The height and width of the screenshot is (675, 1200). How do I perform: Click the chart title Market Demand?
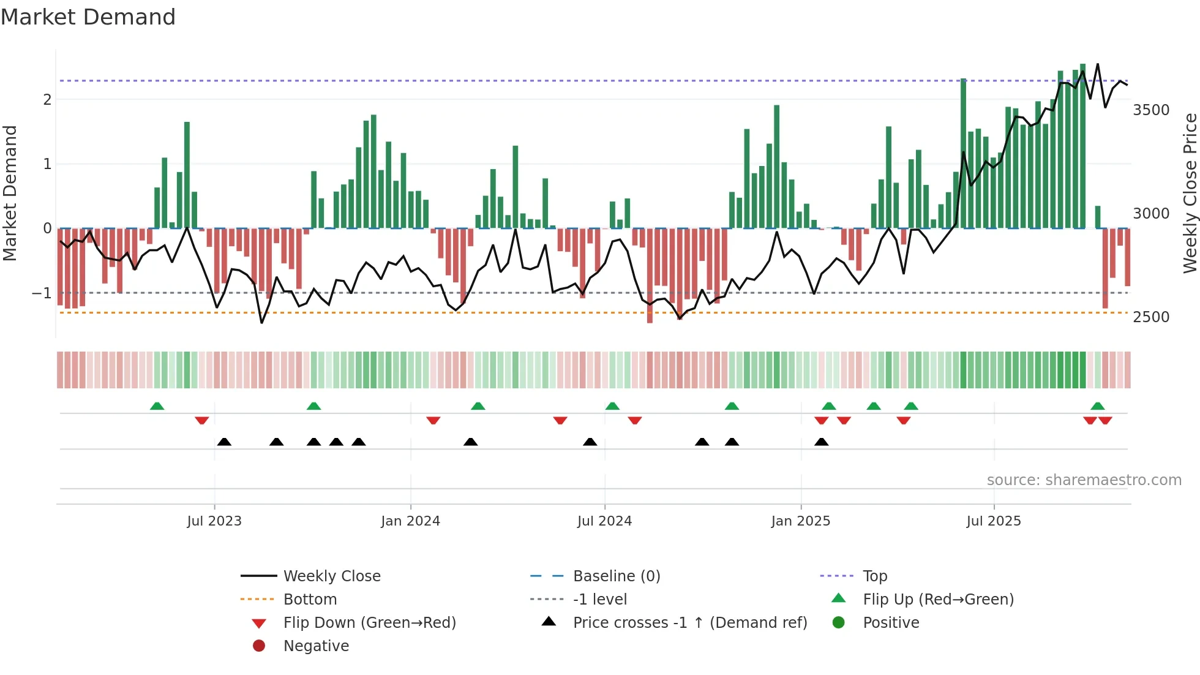(x=88, y=17)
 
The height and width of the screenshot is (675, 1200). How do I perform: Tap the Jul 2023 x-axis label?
(x=214, y=521)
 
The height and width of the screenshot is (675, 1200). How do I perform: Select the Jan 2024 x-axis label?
(x=410, y=521)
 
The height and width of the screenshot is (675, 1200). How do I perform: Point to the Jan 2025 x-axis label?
(x=800, y=521)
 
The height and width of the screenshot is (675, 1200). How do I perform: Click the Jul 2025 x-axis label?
(x=994, y=521)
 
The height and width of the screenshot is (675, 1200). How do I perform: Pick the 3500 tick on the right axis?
(x=1151, y=110)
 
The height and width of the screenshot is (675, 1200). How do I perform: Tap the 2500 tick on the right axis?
(x=1151, y=317)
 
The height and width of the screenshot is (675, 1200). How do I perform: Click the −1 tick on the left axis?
(x=42, y=293)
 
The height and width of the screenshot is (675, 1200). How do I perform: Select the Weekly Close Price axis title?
(x=1190, y=193)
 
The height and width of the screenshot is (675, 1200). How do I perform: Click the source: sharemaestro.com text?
(x=1084, y=480)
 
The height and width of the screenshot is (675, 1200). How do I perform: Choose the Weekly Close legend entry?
(x=331, y=576)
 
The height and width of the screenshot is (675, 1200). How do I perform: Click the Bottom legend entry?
(x=310, y=600)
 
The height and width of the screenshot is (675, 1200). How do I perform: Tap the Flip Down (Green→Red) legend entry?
(x=369, y=623)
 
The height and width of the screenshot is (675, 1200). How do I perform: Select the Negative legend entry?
(x=316, y=646)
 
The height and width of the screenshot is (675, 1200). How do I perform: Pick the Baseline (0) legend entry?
(x=616, y=576)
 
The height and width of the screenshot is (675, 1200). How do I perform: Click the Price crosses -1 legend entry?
(x=689, y=623)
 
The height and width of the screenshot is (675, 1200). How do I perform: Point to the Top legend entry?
(x=874, y=576)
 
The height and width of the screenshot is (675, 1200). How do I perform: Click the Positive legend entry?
(x=891, y=623)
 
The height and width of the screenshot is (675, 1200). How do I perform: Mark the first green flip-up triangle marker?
(x=157, y=406)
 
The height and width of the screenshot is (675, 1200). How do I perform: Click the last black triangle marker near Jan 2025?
(x=822, y=442)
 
